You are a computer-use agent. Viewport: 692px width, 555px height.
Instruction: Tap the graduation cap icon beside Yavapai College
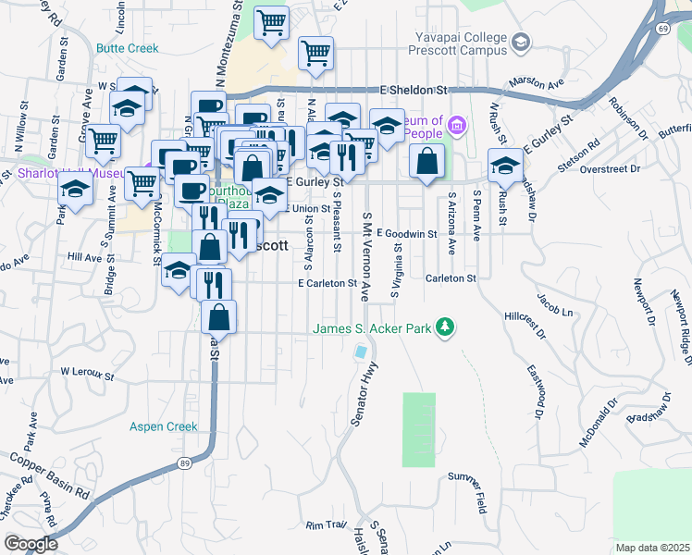[522, 43]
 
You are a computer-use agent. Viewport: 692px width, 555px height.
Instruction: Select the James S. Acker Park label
[374, 328]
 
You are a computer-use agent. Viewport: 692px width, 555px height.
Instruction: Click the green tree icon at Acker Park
[446, 327]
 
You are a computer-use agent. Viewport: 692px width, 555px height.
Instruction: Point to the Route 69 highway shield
[664, 30]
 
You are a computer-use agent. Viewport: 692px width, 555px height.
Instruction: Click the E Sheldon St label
[414, 90]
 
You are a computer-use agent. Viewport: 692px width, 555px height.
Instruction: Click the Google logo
[31, 544]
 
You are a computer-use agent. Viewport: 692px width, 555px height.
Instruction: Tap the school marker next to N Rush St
[505, 166]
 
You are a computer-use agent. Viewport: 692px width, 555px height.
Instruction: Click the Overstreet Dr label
[611, 169]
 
